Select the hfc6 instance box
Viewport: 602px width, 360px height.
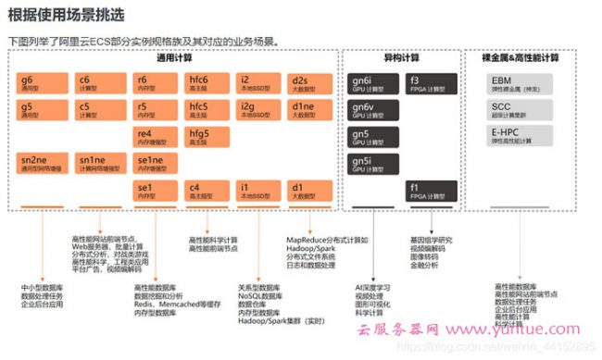coord(207,83)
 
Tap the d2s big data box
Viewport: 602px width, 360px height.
coord(310,83)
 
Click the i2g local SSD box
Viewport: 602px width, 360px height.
coord(259,110)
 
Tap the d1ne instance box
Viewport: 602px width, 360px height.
coord(310,110)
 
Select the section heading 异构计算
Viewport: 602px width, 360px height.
coord(401,57)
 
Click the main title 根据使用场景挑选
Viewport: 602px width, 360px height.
coord(66,18)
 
